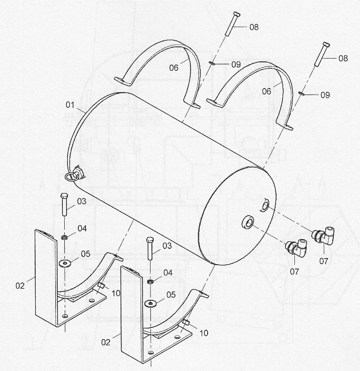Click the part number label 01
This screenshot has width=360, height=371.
tap(70, 104)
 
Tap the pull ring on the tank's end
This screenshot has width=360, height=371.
tap(69, 176)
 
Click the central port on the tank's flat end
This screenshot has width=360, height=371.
tap(247, 222)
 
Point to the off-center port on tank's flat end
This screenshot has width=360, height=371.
tap(265, 205)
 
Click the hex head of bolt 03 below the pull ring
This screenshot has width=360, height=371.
tap(64, 196)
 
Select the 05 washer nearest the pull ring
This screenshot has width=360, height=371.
tap(64, 263)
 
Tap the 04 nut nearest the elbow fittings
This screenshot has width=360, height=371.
tap(150, 282)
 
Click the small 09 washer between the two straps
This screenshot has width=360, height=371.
tap(212, 63)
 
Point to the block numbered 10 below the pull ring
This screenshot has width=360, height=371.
tap(101, 285)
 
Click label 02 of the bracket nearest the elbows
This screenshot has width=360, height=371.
tap(105, 342)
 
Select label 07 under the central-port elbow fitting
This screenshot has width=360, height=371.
tap(294, 272)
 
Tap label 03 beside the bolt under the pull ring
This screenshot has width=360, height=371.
tap(82, 201)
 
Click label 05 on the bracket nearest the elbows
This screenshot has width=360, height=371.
tap(171, 295)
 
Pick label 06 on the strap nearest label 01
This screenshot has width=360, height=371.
tap(173, 68)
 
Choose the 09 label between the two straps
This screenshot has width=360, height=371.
tap(236, 64)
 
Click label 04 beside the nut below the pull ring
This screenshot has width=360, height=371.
tap(82, 228)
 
